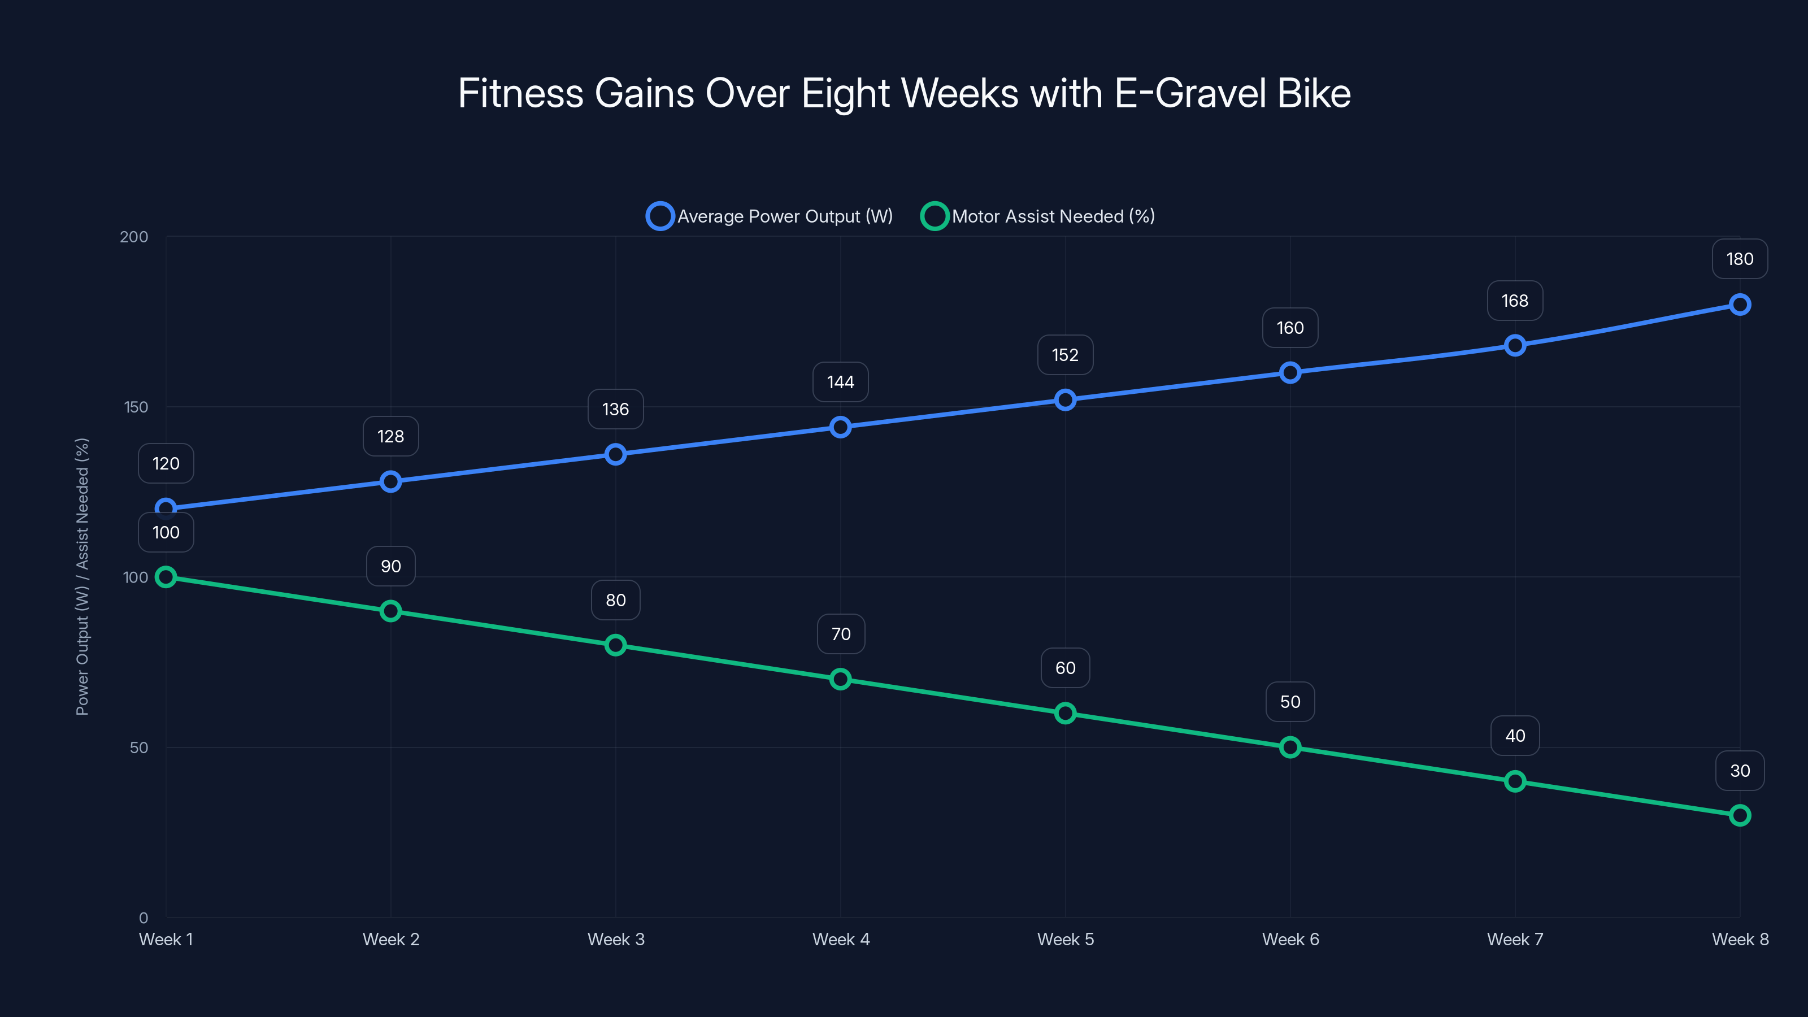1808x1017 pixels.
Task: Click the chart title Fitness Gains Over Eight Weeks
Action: point(904,93)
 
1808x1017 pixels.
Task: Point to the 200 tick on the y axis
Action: point(134,237)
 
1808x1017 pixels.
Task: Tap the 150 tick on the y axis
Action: point(136,407)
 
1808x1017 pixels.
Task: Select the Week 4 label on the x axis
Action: point(841,940)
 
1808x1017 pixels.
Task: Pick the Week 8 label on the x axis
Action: point(1739,940)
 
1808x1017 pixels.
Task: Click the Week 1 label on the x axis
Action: point(166,940)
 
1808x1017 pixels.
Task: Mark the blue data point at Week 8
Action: point(1739,305)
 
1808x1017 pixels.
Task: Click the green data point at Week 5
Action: point(1064,713)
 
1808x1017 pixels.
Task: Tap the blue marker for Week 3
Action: point(615,454)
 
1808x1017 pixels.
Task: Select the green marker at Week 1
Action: point(166,577)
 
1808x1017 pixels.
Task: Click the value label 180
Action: point(1739,259)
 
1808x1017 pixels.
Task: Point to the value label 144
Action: point(840,383)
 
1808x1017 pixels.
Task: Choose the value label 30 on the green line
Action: point(1739,771)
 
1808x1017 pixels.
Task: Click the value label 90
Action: point(391,566)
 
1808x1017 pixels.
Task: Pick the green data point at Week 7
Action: point(1515,781)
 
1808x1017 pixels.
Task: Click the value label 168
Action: point(1515,301)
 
